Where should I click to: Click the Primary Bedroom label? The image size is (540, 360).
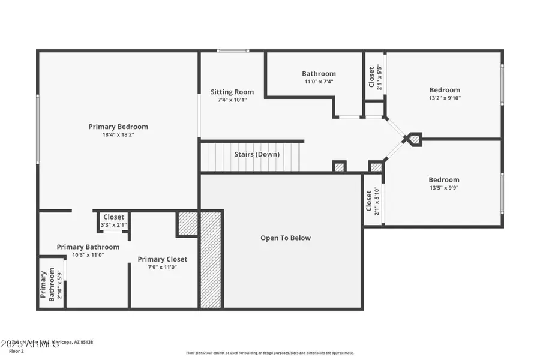(118, 127)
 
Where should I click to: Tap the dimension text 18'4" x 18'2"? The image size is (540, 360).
(118, 135)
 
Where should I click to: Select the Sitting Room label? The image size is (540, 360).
(232, 92)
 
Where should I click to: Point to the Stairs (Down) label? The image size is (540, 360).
(257, 154)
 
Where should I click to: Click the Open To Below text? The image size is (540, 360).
(286, 238)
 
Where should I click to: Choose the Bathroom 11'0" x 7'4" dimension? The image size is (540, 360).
(319, 82)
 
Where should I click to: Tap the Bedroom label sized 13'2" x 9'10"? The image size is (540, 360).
(445, 90)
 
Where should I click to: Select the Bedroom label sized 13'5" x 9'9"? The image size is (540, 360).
(444, 179)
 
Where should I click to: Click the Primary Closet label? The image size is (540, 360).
(163, 259)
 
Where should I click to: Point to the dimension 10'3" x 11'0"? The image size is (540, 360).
(88, 254)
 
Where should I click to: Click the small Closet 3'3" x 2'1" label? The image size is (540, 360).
(114, 217)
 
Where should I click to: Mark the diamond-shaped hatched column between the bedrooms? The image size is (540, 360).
(413, 139)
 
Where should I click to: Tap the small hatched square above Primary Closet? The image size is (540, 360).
(188, 223)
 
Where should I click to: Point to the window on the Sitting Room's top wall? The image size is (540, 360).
(233, 51)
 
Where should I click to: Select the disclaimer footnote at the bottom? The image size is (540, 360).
(270, 353)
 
